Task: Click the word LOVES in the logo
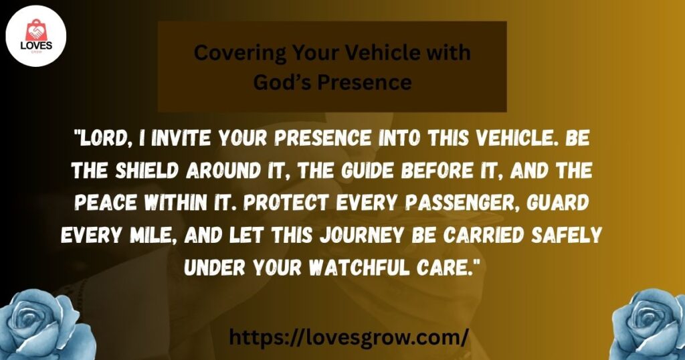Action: [x=36, y=46]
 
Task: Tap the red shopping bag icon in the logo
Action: [x=35, y=31]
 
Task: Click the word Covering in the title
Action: [x=240, y=54]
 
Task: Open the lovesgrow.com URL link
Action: [x=349, y=338]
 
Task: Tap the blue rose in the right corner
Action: [x=650, y=325]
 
